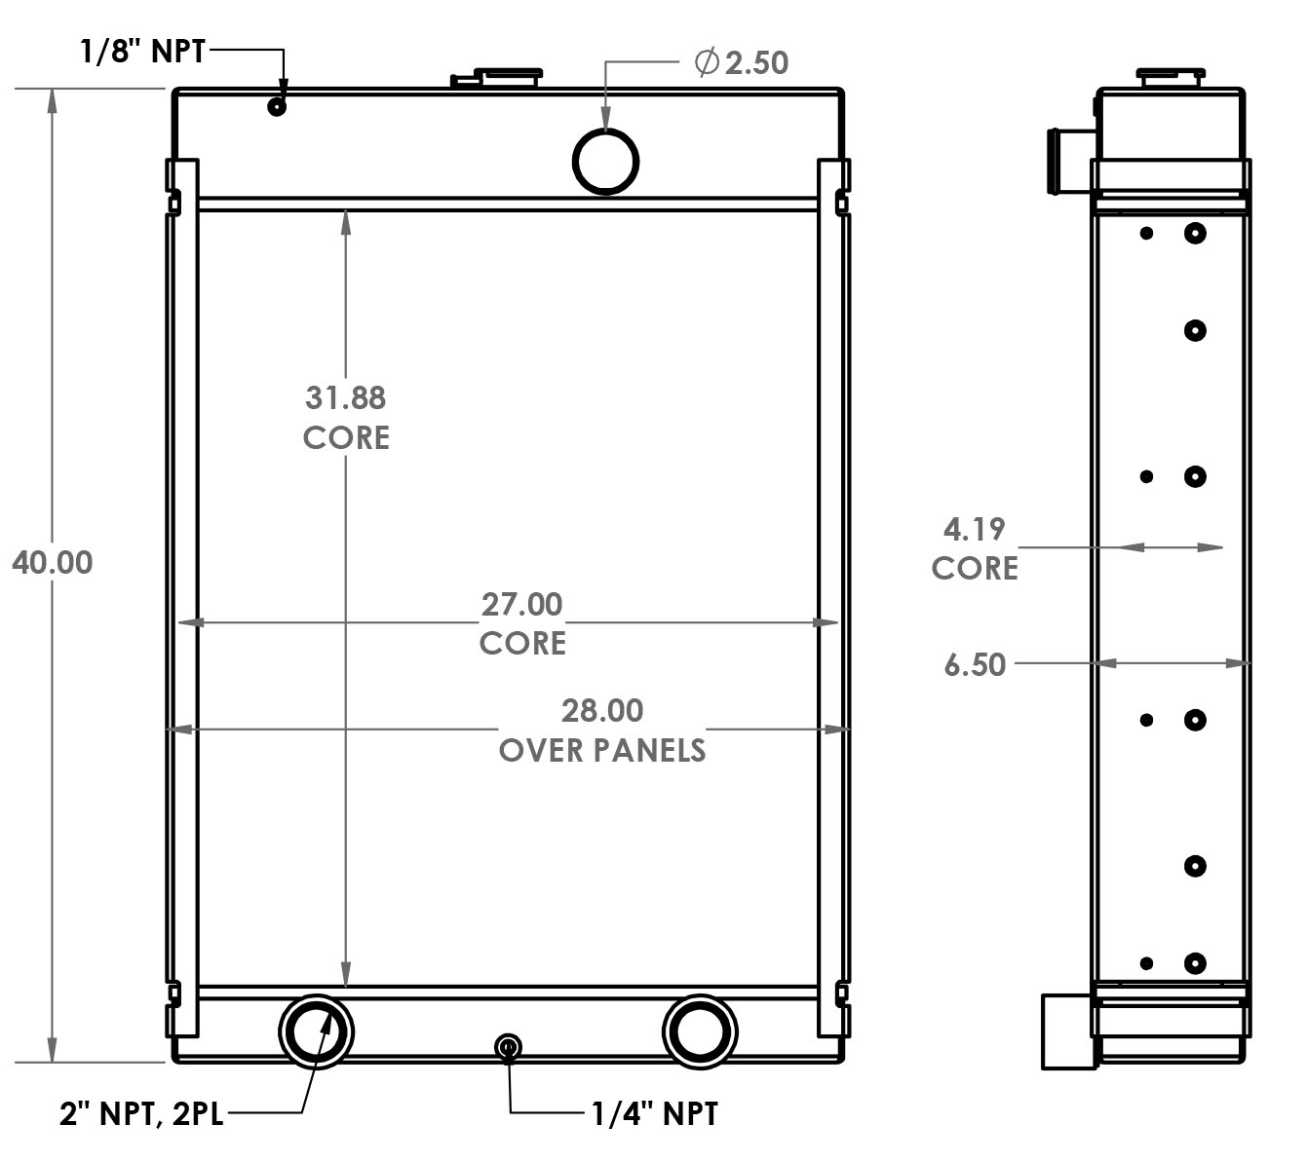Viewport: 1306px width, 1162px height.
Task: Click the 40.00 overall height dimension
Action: tap(53, 563)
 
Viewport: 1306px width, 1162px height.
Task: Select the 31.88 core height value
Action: tap(346, 397)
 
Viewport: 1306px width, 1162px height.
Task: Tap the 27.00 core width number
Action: tap(522, 604)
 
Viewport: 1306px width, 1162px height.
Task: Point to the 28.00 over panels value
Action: tap(602, 710)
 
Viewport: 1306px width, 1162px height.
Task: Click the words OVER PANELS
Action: tap(602, 750)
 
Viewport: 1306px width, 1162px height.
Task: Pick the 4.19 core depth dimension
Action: tap(974, 529)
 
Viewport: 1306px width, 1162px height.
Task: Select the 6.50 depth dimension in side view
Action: tap(975, 664)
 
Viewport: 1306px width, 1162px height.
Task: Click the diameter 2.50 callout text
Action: tap(742, 62)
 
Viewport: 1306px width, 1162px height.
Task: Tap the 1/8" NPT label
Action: tap(142, 51)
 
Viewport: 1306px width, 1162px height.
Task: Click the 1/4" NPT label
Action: tap(655, 1112)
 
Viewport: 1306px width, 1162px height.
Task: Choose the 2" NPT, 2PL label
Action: tap(141, 1112)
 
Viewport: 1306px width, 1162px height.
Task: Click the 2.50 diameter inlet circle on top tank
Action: tap(605, 161)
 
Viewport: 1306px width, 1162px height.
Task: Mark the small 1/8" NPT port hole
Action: tap(277, 106)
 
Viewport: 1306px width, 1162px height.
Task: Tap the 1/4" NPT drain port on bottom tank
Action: tap(508, 1047)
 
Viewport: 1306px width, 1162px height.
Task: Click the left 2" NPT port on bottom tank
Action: tap(316, 1031)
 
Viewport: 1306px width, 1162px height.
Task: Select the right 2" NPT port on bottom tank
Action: tap(700, 1031)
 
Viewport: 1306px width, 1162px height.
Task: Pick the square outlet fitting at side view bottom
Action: tap(1066, 1031)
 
